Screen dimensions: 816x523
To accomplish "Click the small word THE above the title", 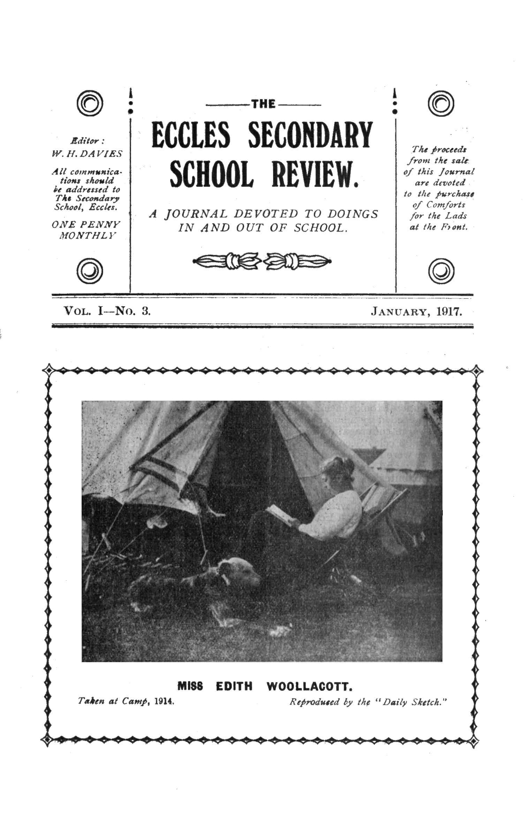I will click(x=263, y=104).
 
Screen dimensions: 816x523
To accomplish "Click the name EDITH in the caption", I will click(x=234, y=687).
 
